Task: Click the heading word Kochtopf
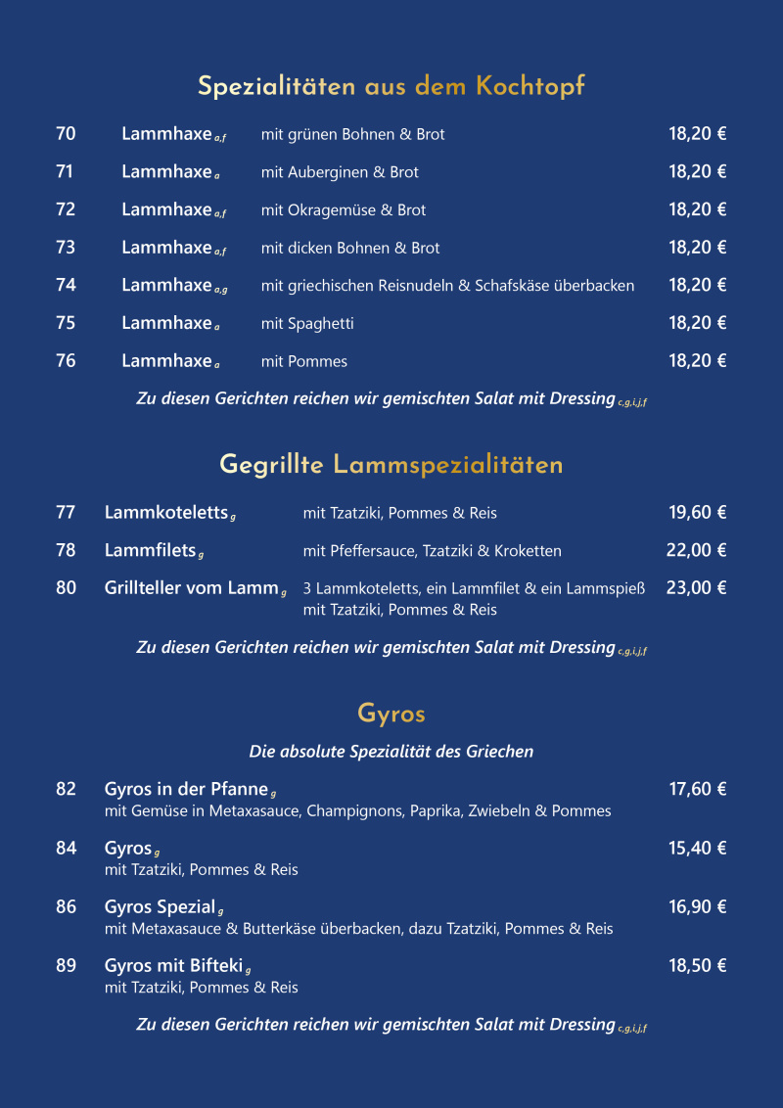pyautogui.click(x=530, y=87)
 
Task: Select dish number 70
pyautogui.click(x=66, y=134)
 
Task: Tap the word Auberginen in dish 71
pyautogui.click(x=327, y=172)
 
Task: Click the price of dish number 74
pyautogui.click(x=697, y=285)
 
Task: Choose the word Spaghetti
pyautogui.click(x=321, y=324)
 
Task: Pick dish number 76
pyautogui.click(x=66, y=361)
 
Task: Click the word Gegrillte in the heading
pyautogui.click(x=271, y=465)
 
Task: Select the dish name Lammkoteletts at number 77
pyautogui.click(x=166, y=512)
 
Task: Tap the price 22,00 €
pyautogui.click(x=696, y=550)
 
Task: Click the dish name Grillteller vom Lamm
pyautogui.click(x=192, y=588)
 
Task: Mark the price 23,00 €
pyautogui.click(x=696, y=588)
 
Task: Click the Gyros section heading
pyautogui.click(x=391, y=714)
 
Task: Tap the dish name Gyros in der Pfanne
pyautogui.click(x=186, y=789)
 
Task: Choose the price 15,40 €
pyautogui.click(x=697, y=849)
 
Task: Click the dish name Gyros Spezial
pyautogui.click(x=160, y=907)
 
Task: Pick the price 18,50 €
pyautogui.click(x=697, y=966)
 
